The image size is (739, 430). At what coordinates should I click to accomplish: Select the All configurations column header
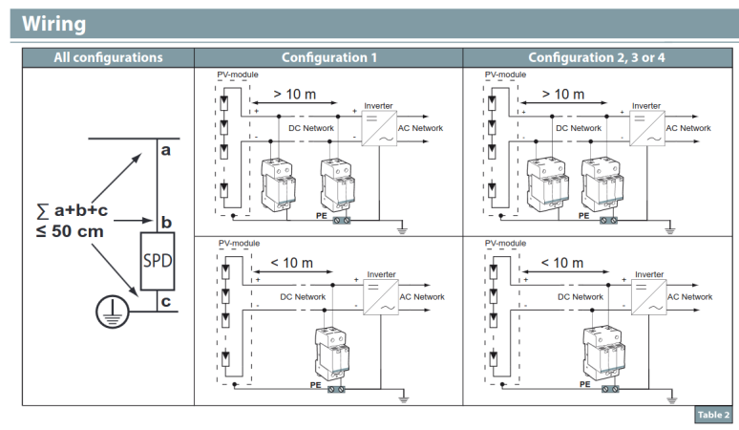[108, 57]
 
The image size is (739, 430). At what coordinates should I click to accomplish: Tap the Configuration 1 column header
[328, 57]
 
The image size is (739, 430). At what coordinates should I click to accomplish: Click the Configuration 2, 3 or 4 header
[597, 57]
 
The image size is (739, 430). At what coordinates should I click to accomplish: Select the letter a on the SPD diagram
[166, 150]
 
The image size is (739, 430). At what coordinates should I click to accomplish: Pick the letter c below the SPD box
[166, 303]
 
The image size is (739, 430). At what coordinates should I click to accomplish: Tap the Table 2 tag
[711, 415]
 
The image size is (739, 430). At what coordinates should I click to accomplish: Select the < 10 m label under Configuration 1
[292, 262]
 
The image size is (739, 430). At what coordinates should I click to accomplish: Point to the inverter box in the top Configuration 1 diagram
[379, 128]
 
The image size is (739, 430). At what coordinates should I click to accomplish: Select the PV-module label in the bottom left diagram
[239, 244]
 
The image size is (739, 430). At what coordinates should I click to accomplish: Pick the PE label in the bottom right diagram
[583, 385]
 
